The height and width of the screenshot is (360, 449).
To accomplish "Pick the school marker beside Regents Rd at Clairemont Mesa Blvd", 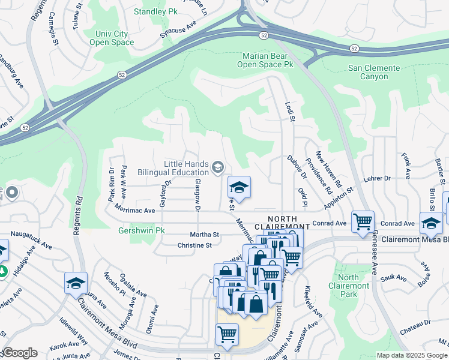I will (x=76, y=283).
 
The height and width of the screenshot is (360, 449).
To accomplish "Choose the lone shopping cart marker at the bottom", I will (x=227, y=334).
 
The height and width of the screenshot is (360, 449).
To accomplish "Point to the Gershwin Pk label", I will (x=124, y=230).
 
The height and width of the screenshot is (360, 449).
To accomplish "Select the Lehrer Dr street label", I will (x=378, y=178).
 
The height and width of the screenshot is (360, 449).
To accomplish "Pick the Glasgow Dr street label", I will (x=197, y=195).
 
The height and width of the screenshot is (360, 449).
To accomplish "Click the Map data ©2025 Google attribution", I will (x=412, y=355).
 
